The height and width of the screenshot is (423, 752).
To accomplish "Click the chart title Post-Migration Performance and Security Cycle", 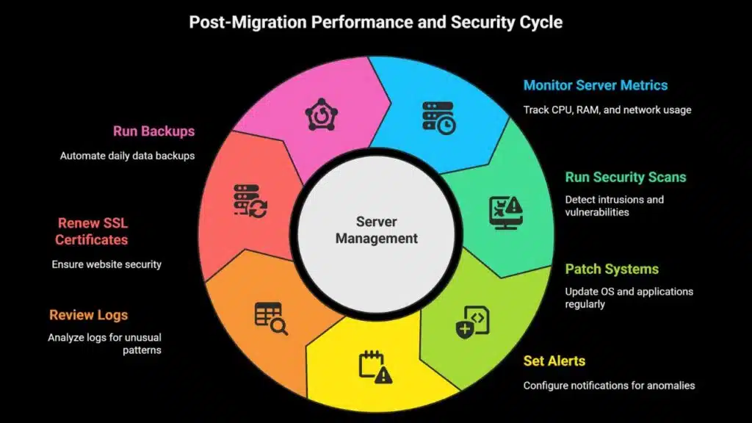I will point(375,22).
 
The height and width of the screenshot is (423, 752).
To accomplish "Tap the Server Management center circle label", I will point(376,230).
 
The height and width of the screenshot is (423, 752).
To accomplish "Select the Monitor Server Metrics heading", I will point(595,85).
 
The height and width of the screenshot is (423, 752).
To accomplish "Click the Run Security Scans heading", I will point(625,177).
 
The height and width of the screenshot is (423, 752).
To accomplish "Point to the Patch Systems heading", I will point(611,269).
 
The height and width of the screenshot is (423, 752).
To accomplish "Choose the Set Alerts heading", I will point(554,361).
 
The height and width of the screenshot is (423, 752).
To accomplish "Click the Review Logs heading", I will point(89,315).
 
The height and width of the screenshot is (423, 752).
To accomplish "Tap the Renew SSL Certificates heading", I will point(92,231).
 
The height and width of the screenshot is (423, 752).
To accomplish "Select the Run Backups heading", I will point(153,131).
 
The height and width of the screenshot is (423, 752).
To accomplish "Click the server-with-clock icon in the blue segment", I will point(438,117).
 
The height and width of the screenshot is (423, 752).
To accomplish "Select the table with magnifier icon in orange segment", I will point(270,317).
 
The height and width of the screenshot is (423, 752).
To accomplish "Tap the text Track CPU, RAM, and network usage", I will point(607,110).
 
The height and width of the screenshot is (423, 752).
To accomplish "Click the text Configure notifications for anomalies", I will point(609,386).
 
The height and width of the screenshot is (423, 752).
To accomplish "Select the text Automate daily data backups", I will point(127,156).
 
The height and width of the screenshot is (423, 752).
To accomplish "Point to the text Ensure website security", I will point(106,264).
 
